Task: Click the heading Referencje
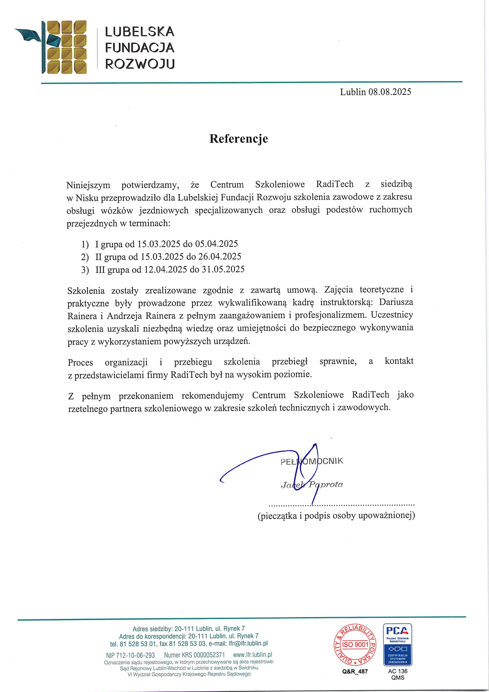pyautogui.click(x=239, y=139)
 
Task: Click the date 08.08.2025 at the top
pyautogui.click(x=390, y=92)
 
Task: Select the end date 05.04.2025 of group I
pyautogui.click(x=216, y=243)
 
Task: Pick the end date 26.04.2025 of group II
pyautogui.click(x=220, y=257)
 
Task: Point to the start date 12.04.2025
pyautogui.click(x=166, y=270)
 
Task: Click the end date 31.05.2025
pyautogui.click(x=223, y=269)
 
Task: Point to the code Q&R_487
pyautogui.click(x=355, y=672)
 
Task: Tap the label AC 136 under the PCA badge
pyautogui.click(x=398, y=671)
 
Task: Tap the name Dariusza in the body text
pyautogui.click(x=396, y=302)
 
